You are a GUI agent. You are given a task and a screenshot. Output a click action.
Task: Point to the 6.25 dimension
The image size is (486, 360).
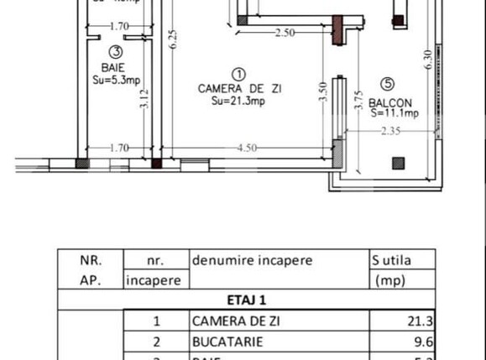(x=173, y=40)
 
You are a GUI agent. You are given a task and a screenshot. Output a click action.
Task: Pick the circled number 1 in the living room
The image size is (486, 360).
(x=238, y=74)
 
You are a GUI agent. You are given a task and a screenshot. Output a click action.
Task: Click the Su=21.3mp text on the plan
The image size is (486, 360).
(x=238, y=101)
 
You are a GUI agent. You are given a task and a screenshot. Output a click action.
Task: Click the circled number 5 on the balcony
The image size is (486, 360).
(x=387, y=84)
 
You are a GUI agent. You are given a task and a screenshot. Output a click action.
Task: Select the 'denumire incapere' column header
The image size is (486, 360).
(x=252, y=260)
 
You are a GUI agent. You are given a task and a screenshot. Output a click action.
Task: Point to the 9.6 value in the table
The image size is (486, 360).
(x=425, y=342)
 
